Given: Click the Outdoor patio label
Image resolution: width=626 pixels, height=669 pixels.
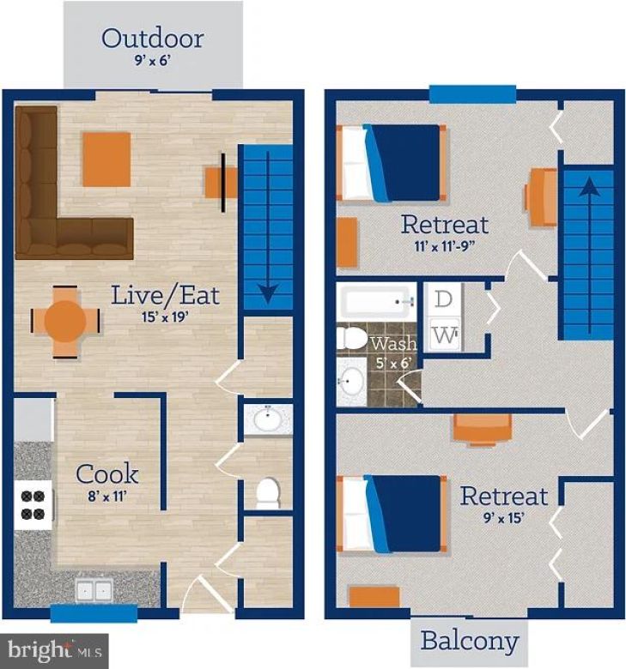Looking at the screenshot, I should (152, 39).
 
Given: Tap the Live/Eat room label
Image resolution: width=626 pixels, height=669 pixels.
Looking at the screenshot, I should (165, 296).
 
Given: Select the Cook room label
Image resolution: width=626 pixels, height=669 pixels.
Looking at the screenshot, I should (107, 473).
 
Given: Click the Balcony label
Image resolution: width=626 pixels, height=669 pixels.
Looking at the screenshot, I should (470, 641).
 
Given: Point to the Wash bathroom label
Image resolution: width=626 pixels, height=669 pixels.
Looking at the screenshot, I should (392, 344).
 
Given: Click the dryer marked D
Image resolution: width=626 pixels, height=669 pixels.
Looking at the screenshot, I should (444, 300).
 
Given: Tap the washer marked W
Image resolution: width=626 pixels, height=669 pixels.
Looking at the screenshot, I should (444, 334).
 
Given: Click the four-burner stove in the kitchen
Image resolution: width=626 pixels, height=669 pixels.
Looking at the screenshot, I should (33, 503).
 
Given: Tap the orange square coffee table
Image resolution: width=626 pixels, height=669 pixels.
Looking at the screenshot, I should (106, 159).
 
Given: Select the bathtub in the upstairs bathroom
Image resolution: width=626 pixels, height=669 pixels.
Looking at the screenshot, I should (376, 303).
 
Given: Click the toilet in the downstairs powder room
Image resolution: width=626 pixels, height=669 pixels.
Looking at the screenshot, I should (268, 492).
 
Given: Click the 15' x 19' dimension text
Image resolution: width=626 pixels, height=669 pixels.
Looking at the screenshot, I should (164, 316).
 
